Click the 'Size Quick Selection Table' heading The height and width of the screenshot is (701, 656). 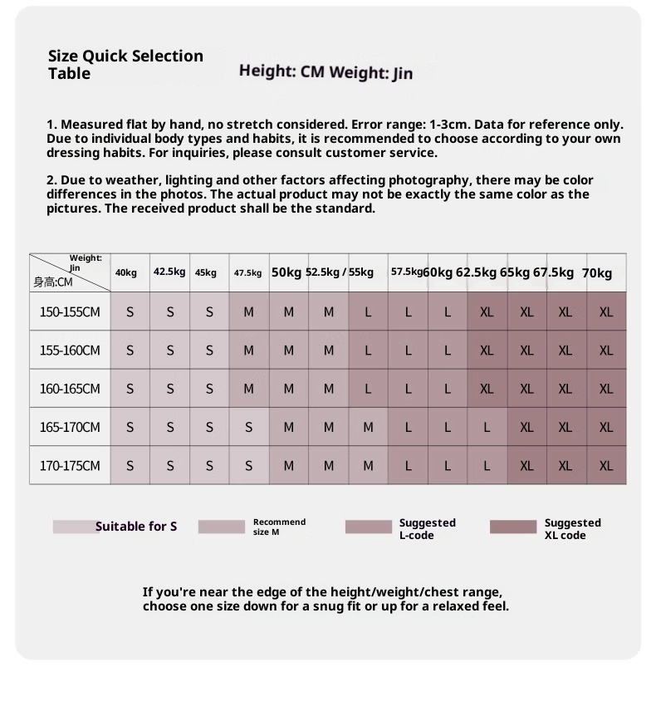[125, 64]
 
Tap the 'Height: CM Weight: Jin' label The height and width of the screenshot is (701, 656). [326, 71]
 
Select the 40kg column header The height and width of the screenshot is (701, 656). [126, 272]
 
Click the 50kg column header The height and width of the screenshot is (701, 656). [286, 272]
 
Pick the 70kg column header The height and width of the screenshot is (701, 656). [597, 272]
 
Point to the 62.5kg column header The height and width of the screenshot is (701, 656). [476, 272]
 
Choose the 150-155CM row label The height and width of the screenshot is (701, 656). [70, 312]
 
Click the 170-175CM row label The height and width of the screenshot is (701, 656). [70, 466]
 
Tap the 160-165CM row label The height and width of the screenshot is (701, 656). [70, 389]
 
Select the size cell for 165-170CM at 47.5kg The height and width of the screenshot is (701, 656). [249, 428]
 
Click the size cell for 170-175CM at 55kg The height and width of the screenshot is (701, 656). [368, 466]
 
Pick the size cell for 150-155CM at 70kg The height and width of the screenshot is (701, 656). [606, 312]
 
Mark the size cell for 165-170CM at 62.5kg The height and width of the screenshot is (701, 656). [487, 428]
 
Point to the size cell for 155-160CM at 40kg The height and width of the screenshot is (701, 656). [130, 350]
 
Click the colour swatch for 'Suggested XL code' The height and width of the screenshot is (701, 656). [513, 527]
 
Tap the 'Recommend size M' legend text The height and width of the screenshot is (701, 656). [279, 527]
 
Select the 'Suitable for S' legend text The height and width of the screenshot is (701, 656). [136, 527]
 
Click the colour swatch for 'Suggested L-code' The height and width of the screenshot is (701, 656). [368, 527]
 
